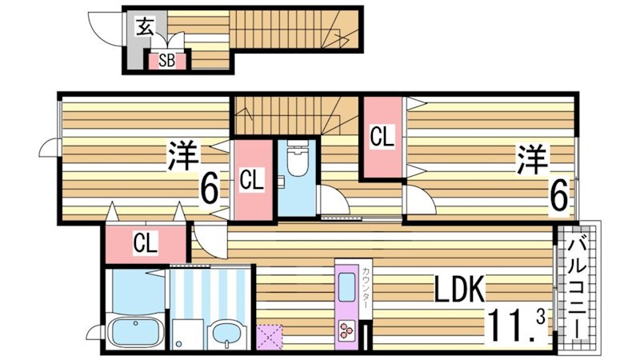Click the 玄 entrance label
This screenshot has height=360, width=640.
coord(144,27)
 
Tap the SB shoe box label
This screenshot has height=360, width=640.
coord(166,60)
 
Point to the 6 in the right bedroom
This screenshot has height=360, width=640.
coord(559,194)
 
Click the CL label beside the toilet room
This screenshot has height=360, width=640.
coord(252,181)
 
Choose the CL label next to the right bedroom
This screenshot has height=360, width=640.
coord(382,137)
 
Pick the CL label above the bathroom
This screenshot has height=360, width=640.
coord(145,242)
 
